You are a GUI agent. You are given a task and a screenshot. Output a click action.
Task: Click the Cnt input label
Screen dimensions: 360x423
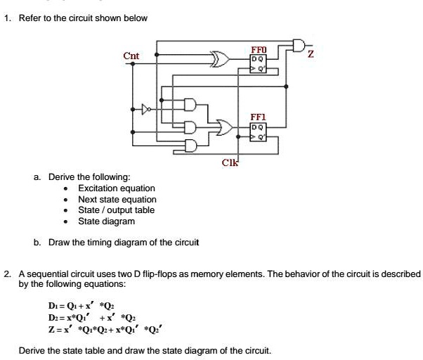click(x=131, y=56)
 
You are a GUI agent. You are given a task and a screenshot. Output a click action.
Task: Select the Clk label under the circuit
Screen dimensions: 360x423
click(x=230, y=165)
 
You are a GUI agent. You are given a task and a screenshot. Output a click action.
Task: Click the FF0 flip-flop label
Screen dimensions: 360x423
click(x=258, y=51)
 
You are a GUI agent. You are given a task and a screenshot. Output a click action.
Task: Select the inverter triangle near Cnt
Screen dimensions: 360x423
click(x=147, y=109)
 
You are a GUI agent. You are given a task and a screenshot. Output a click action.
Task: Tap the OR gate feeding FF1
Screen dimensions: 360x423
click(x=226, y=127)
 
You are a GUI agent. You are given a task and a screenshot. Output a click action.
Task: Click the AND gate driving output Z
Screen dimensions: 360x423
click(x=298, y=46)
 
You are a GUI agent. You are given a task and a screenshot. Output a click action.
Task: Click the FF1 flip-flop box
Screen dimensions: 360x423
click(x=259, y=132)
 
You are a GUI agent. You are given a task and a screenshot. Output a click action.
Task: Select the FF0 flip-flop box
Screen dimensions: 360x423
click(x=259, y=64)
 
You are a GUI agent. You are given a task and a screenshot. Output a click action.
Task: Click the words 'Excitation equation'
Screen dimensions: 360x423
click(x=117, y=188)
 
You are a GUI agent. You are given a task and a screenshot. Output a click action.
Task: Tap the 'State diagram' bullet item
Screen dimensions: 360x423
click(x=106, y=221)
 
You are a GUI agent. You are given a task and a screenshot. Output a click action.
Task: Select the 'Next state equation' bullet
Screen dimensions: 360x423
click(x=117, y=199)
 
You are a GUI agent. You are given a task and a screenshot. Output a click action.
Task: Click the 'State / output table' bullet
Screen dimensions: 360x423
click(x=116, y=210)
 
